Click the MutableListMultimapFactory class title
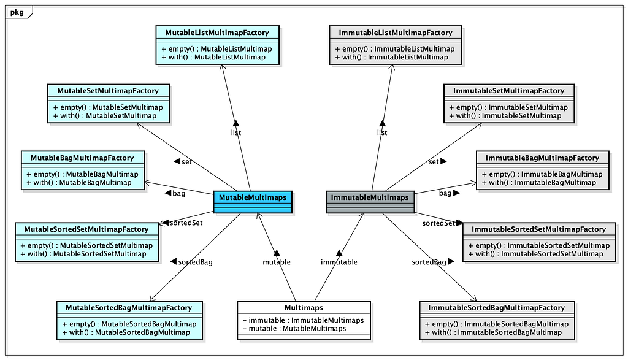(217, 33)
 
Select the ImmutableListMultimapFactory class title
(396, 33)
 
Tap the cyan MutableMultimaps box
(253, 202)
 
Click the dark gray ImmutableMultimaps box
(370, 202)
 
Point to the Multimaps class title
(304, 307)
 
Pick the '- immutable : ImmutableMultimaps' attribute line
(303, 320)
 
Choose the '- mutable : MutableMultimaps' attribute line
(294, 328)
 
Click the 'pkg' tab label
(17, 12)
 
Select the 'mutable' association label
(277, 262)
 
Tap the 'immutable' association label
(339, 262)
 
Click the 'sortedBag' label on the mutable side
(195, 262)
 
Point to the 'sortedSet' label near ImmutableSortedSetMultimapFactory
(438, 223)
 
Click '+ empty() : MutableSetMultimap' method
(108, 107)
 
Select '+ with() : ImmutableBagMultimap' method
(538, 183)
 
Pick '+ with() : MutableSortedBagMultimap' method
(126, 332)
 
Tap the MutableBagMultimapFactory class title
(82, 158)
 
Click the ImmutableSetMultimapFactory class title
(508, 91)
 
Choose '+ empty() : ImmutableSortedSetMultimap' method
(538, 245)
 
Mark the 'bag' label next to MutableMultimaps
(178, 193)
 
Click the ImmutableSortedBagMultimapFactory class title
(497, 307)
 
